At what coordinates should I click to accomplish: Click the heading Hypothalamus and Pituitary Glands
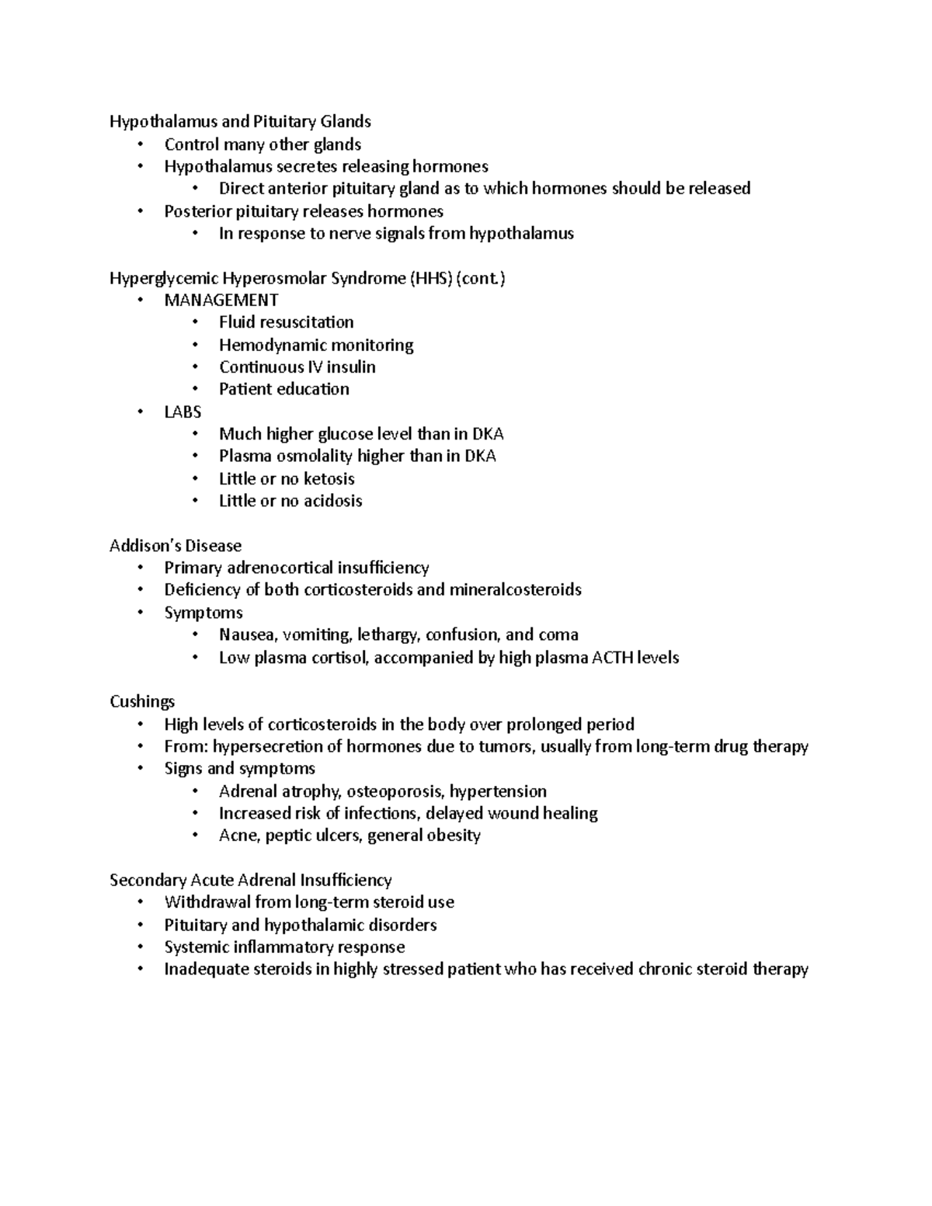pyautogui.click(x=240, y=121)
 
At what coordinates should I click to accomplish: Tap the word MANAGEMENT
pyautogui.click(x=221, y=300)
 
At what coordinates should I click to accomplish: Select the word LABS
pyautogui.click(x=183, y=412)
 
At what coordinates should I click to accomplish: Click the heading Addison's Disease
pyautogui.click(x=176, y=545)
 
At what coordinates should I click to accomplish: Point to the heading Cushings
pyautogui.click(x=142, y=701)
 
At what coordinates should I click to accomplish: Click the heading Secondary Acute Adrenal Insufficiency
pyautogui.click(x=250, y=880)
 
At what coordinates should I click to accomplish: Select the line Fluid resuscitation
pyautogui.click(x=286, y=322)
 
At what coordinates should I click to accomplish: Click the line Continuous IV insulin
pyautogui.click(x=297, y=367)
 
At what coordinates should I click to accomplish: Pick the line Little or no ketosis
pyautogui.click(x=287, y=478)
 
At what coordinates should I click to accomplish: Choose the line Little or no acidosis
pyautogui.click(x=290, y=501)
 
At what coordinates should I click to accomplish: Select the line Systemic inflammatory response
pyautogui.click(x=284, y=947)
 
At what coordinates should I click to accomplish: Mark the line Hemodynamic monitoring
pyautogui.click(x=315, y=345)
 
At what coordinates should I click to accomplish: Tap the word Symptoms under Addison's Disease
pyautogui.click(x=203, y=613)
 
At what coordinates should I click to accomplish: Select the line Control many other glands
pyautogui.click(x=263, y=144)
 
